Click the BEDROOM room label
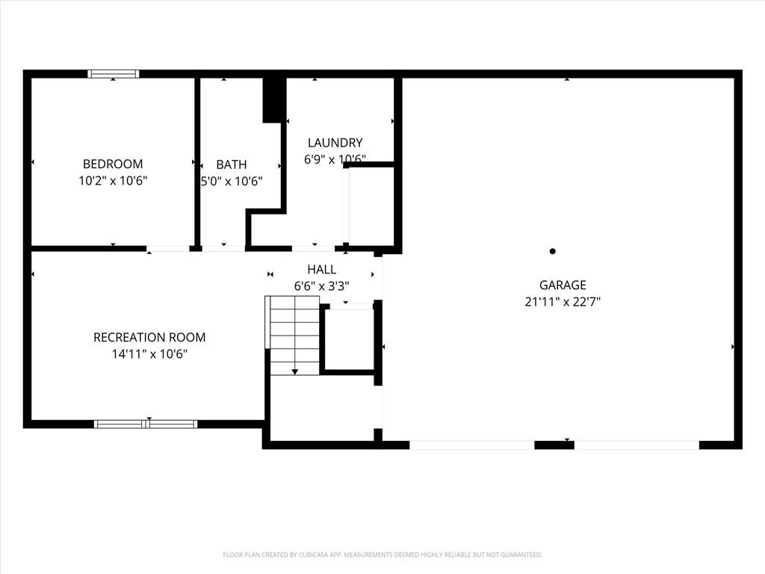[113, 164]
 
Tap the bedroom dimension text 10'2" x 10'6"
[113, 181]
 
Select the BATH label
[232, 164]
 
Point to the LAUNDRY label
[335, 143]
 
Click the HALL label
[321, 269]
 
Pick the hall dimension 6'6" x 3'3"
[321, 286]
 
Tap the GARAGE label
[563, 285]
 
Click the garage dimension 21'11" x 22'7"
[563, 302]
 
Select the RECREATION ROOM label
[149, 337]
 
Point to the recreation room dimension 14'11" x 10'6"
[149, 354]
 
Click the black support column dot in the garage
[552, 251]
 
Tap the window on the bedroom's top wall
[114, 74]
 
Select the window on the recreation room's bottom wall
[146, 425]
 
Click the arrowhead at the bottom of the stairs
[294, 372]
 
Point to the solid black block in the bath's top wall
[274, 99]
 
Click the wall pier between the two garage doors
[554, 445]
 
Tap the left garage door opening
[472, 445]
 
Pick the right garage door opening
[637, 445]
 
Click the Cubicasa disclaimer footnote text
[382, 555]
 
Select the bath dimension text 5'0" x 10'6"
[232, 181]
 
